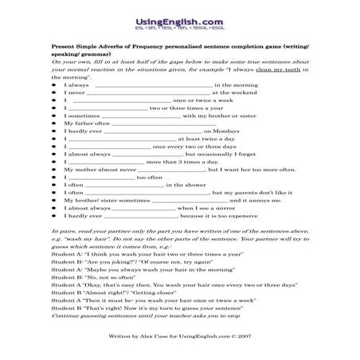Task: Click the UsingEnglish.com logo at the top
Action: click(179, 14)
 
